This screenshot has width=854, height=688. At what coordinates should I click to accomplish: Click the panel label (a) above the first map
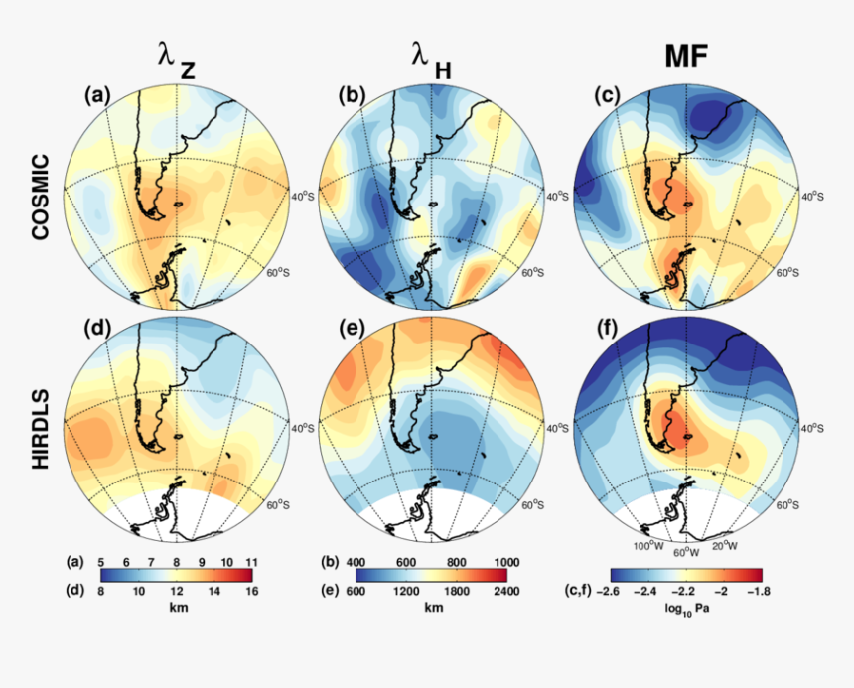point(95,95)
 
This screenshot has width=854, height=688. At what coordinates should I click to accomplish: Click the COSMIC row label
point(40,196)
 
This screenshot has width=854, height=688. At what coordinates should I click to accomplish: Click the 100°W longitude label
point(648,546)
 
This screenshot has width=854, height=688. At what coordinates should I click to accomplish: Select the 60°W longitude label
point(687,552)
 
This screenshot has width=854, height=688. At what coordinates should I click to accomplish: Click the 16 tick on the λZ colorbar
point(252,590)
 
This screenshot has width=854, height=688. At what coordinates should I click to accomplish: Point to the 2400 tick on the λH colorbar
point(506,590)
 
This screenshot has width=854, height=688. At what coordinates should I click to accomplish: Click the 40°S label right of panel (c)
point(811,196)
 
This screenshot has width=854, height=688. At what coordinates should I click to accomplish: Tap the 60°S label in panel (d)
point(278,504)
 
